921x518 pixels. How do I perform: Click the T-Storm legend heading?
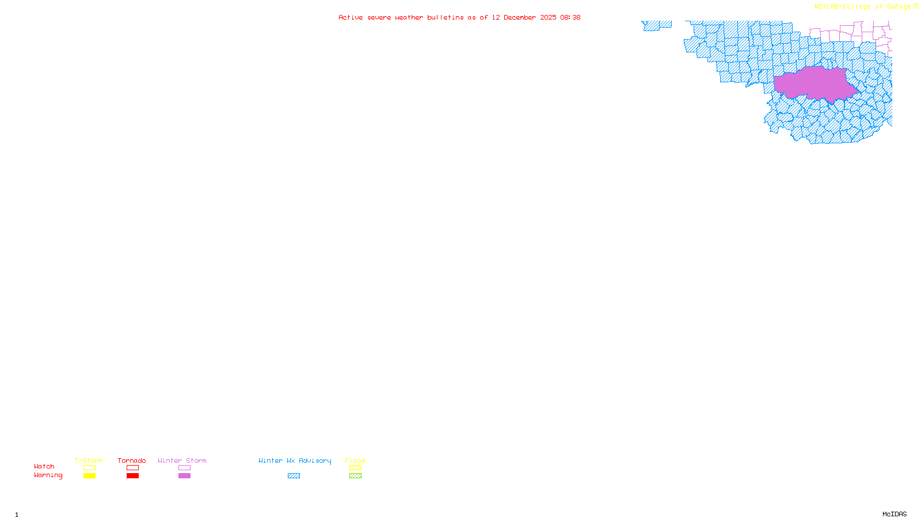click(x=89, y=460)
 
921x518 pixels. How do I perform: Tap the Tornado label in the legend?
click(x=132, y=460)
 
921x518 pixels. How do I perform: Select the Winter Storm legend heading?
click(x=182, y=460)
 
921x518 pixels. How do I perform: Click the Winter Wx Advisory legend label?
click(x=295, y=460)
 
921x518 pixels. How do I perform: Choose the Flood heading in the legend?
click(x=355, y=460)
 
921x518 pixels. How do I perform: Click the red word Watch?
click(x=44, y=466)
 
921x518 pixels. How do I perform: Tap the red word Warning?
click(x=48, y=475)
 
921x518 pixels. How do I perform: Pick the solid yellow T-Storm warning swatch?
click(x=89, y=476)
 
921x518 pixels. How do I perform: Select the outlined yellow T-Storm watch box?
click(x=89, y=468)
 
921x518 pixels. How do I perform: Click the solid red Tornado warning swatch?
click(x=133, y=476)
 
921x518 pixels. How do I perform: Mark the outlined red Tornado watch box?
click(x=133, y=468)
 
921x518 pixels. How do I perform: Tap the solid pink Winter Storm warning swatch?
click(x=184, y=476)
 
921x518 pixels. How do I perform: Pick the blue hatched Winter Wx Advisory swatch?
click(x=294, y=476)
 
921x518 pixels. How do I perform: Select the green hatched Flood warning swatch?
click(x=355, y=476)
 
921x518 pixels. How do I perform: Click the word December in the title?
click(x=520, y=17)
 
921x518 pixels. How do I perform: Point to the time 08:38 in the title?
click(x=570, y=17)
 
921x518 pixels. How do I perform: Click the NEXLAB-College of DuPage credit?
click(x=863, y=6)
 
